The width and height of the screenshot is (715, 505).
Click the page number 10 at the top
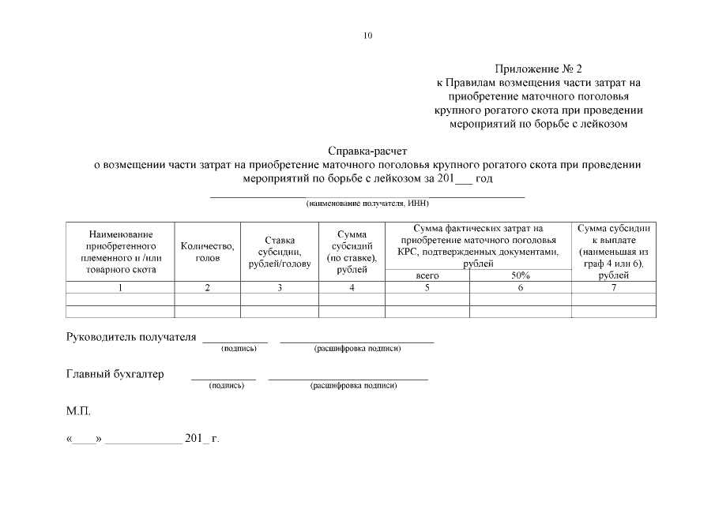[368, 36]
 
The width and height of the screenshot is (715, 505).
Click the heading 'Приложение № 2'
[541, 69]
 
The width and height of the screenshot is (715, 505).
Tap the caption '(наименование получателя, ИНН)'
[367, 204]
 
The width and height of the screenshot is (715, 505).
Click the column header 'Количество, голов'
[207, 252]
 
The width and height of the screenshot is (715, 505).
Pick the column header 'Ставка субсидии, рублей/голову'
[280, 252]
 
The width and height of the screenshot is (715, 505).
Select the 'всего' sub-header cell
[427, 276]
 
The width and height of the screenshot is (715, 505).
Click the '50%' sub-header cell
[520, 276]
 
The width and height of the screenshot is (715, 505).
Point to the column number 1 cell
[121, 288]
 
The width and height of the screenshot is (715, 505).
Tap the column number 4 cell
[352, 288]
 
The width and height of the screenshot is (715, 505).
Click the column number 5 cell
[427, 288]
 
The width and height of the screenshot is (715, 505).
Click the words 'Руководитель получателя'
[130, 337]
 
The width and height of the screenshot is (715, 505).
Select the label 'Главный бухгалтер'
[115, 374]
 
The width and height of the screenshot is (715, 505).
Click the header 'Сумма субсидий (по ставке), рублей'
[352, 252]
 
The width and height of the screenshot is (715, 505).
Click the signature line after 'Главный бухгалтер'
[224, 377]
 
